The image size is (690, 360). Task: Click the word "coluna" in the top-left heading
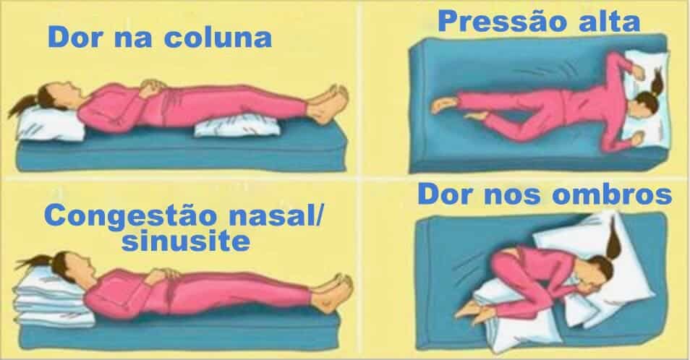[x=218, y=38]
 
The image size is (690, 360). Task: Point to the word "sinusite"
[x=186, y=241]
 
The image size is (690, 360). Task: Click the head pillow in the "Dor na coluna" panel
[x=49, y=124]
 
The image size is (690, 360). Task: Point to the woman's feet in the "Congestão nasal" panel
[x=333, y=293]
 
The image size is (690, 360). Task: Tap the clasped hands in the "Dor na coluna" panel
[x=153, y=87]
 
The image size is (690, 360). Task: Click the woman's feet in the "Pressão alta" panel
[x=453, y=110]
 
